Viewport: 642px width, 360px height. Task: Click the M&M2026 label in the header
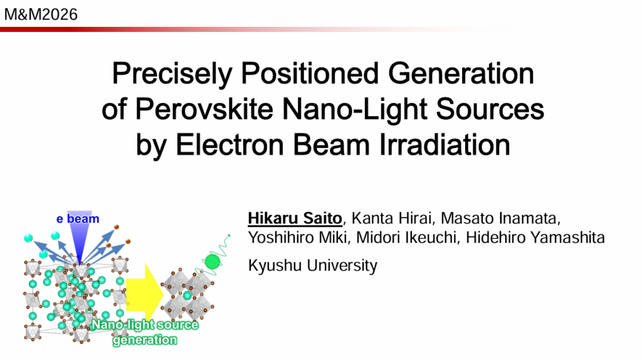coord(41,15)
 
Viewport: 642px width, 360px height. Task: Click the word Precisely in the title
coord(172,75)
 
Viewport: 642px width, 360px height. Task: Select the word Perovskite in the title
coord(204,109)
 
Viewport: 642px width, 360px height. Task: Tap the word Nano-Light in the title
coord(354,109)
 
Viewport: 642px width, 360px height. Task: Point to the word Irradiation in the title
coord(445,145)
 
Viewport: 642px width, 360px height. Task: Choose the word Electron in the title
coord(229,145)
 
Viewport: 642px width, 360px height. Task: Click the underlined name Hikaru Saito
coord(295,218)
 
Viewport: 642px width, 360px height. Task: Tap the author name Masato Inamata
coord(500,218)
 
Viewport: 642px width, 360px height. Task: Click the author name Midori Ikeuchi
coord(406,238)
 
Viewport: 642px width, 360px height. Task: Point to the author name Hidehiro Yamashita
coord(535,238)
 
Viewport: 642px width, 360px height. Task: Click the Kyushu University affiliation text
coord(312,265)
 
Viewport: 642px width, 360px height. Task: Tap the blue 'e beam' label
coord(78,219)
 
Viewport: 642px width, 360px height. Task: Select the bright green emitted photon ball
coord(213,262)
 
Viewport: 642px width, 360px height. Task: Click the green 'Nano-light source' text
coord(145,325)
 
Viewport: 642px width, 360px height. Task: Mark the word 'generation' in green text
coord(145,340)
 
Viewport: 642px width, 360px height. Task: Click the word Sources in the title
coord(490,109)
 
